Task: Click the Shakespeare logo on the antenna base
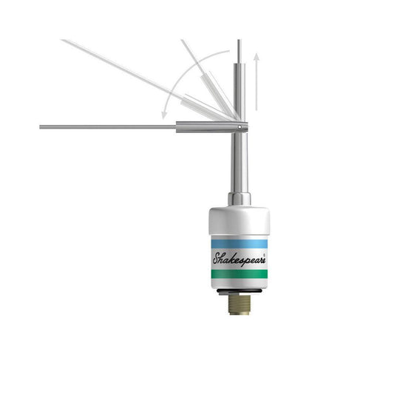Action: pos(239,259)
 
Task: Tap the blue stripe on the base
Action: pos(239,243)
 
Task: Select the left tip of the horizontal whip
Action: pos(41,127)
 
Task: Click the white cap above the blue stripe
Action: pos(239,222)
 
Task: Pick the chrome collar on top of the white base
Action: pos(239,199)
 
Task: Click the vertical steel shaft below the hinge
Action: pos(239,163)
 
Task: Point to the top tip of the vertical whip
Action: pos(239,41)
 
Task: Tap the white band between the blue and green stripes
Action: pos(239,259)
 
